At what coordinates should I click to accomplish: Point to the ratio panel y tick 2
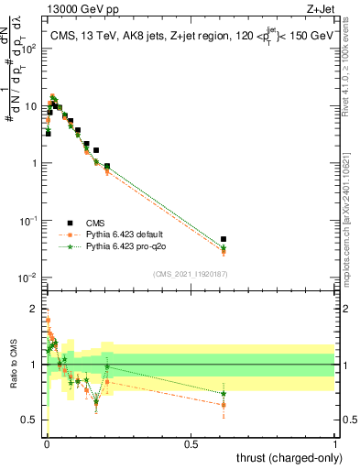(34, 308)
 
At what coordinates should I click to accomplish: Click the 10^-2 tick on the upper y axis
(28, 278)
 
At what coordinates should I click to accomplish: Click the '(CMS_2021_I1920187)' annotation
(190, 273)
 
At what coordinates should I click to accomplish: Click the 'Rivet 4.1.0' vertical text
(351, 73)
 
